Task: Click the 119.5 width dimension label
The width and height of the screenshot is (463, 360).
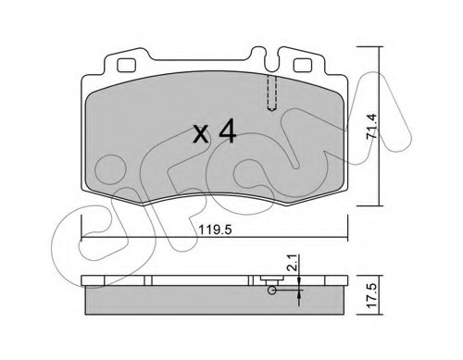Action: coord(215,230)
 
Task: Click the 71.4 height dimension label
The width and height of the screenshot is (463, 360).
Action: coord(371,126)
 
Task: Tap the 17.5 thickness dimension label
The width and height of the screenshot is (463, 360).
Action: coord(372,295)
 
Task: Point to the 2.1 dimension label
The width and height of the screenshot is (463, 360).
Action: coord(293,263)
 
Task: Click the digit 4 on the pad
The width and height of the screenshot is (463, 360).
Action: coord(228,131)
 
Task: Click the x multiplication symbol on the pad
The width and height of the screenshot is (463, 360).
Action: coord(201,135)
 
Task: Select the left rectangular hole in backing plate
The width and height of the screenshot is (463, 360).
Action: coord(126,66)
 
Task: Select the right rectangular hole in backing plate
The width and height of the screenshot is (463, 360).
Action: coord(302,66)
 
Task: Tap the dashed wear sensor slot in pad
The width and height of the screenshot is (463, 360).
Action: coord(271,93)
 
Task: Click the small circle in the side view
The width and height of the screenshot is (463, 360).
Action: coord(272,291)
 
